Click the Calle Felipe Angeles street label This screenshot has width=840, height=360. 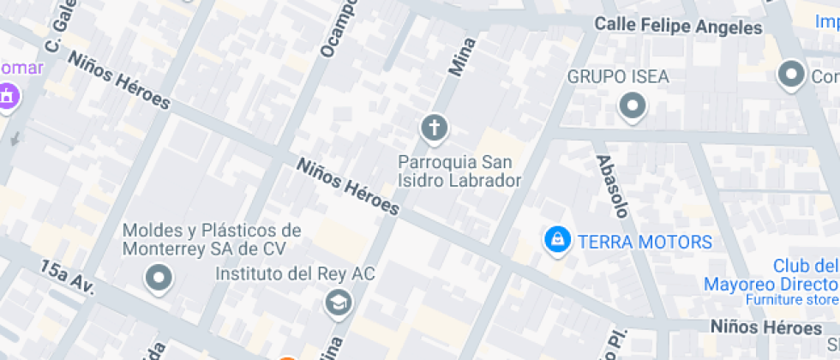coord(678,27)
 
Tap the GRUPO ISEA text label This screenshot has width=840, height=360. coord(618,77)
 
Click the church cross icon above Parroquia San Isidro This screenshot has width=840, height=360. coord(435,129)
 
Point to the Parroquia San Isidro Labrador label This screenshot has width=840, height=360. coord(459,171)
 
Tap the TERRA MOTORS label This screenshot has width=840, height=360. coord(645,242)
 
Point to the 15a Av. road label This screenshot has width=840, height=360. coord(66,281)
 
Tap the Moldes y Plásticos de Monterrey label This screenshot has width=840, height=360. coord(212,239)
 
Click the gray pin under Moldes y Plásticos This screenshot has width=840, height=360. coord(159,278)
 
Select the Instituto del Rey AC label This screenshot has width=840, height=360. coord(295,274)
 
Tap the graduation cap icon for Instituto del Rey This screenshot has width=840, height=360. coord(339,302)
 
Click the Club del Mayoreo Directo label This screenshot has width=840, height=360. coord(771,275)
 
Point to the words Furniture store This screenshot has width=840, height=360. coord(791,300)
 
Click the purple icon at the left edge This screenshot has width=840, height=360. coord(8,96)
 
